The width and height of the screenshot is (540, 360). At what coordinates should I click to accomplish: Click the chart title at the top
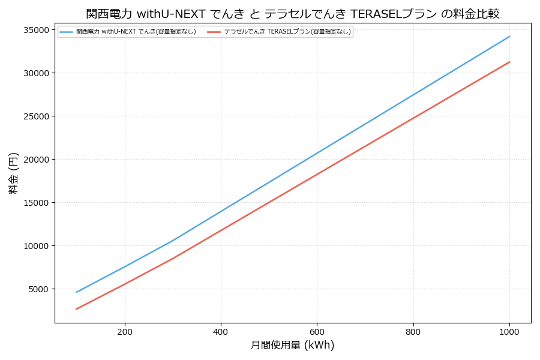click(293, 13)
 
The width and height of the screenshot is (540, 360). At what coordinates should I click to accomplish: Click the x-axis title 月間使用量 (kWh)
click(292, 345)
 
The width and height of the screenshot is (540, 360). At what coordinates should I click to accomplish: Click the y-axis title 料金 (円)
click(13, 173)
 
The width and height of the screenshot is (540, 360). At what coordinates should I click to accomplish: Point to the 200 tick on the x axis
click(125, 331)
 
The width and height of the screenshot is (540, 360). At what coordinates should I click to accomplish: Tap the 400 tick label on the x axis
click(221, 331)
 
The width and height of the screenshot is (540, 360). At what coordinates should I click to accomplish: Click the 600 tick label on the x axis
click(317, 331)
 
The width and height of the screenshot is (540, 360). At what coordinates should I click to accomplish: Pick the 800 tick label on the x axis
click(413, 331)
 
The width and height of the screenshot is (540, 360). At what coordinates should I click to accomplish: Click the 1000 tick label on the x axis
click(509, 331)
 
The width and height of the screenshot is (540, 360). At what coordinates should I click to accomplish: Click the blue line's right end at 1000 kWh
click(509, 37)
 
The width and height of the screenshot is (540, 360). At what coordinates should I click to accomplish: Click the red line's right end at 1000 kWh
click(509, 62)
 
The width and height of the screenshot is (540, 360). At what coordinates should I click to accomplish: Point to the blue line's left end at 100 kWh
click(77, 292)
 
